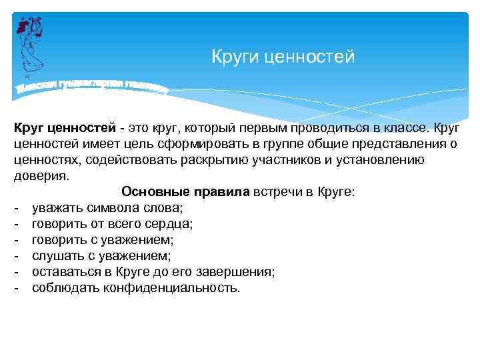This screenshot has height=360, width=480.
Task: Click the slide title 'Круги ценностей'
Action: [283, 57]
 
